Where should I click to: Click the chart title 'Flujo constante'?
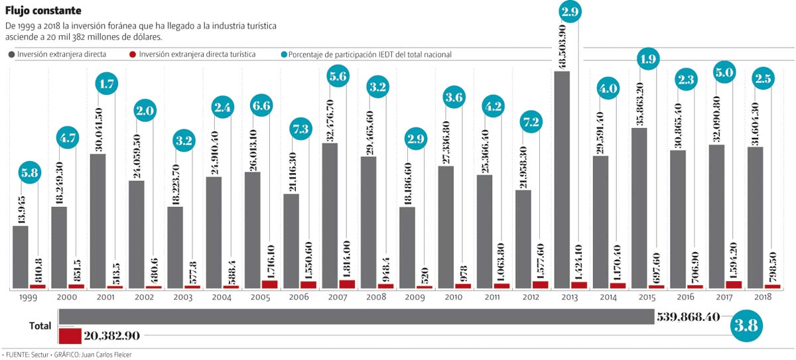tap(44, 11)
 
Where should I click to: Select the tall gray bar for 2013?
tap(561, 179)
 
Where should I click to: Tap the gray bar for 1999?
tap(21, 257)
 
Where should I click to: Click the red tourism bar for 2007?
tap(347, 284)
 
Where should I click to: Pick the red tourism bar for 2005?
tap(270, 284)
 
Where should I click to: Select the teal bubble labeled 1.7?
tap(107, 84)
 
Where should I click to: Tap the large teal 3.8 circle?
tap(746, 326)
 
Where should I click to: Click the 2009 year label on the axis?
tap(415, 299)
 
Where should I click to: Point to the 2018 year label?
tap(762, 299)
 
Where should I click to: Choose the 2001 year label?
tap(106, 299)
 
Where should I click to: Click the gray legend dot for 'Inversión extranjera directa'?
tap(11, 55)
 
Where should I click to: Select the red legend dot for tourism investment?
tap(133, 55)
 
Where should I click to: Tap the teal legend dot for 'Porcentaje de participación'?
tap(284, 55)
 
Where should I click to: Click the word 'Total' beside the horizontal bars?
tap(40, 326)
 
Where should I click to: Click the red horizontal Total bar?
tap(70, 335)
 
